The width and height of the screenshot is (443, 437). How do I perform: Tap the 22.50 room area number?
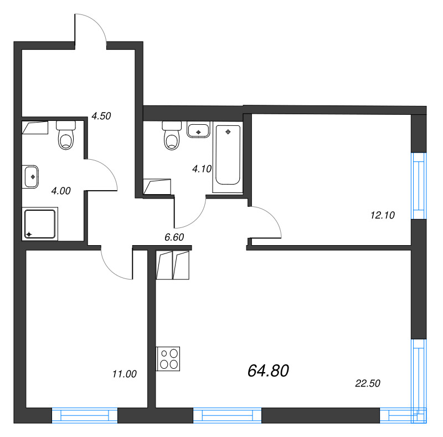tap(368, 383)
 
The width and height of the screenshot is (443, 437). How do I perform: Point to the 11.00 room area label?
tap(124, 374)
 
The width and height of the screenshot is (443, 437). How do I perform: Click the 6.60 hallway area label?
tap(174, 237)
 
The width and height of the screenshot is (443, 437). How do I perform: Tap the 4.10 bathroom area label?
tap(201, 169)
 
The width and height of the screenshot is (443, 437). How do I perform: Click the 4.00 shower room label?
tap(60, 191)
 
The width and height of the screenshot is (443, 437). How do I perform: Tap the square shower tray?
tap(40, 224)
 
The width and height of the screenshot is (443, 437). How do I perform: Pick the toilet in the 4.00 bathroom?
tap(66, 136)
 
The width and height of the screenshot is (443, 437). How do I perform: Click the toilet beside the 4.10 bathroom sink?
tap(172, 136)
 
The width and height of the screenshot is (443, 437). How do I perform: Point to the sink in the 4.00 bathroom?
tap(32, 176)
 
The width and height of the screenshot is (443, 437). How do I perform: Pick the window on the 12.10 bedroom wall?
tap(419, 186)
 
